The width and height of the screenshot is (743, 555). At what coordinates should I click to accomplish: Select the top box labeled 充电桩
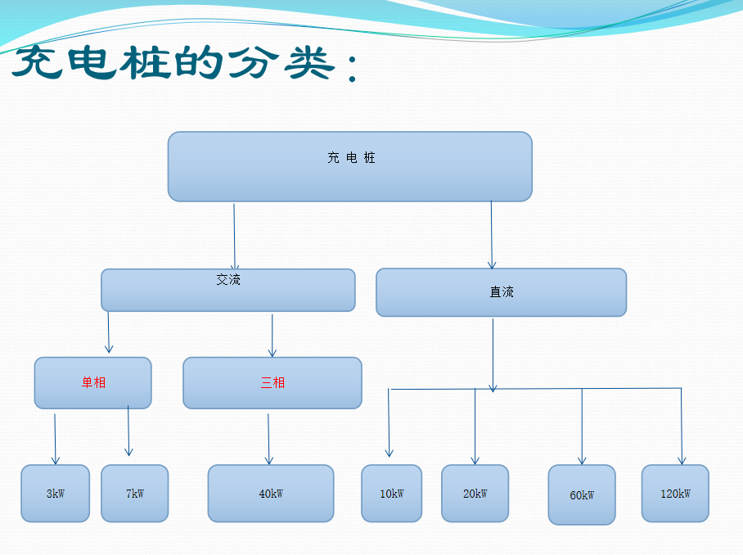350,166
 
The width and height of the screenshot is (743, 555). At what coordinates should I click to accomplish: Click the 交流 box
227,290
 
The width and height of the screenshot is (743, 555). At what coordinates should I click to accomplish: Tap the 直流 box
501,292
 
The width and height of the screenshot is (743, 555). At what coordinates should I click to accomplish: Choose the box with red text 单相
92,382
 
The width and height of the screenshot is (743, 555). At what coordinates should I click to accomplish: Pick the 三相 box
272,382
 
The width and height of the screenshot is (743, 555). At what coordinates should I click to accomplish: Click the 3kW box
55,494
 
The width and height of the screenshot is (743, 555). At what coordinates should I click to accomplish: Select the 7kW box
134,494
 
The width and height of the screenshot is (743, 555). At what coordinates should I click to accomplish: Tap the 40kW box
270,494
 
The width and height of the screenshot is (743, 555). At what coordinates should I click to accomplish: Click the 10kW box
391,494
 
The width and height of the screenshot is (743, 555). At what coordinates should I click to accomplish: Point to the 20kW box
475,494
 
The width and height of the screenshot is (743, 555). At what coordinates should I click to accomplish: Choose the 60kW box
581,495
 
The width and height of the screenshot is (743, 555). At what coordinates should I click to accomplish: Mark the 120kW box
674,494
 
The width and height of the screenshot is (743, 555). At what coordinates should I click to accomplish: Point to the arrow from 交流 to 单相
109,333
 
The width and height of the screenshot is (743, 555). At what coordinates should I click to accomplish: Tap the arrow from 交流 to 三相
272,336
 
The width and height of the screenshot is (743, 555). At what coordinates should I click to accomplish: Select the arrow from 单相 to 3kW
56,440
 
